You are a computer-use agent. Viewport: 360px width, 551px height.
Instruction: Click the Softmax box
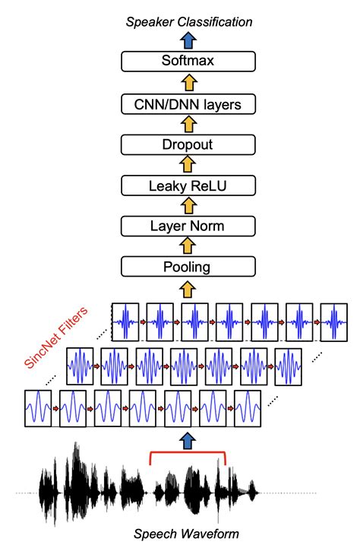click(x=187, y=62)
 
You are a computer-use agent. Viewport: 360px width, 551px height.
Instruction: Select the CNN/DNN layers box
click(x=187, y=103)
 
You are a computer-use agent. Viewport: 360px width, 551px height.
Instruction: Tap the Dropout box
click(x=187, y=144)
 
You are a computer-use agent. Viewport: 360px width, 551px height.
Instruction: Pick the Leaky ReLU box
click(x=187, y=185)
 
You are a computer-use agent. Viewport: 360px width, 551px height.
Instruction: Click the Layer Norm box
click(x=187, y=226)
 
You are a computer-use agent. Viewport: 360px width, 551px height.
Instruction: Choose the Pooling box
click(x=187, y=267)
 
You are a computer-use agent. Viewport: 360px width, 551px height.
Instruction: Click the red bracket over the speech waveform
click(x=187, y=454)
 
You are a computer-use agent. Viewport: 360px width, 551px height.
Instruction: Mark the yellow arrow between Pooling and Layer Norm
click(x=187, y=246)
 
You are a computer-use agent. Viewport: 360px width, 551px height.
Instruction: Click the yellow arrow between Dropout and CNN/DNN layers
click(x=187, y=123)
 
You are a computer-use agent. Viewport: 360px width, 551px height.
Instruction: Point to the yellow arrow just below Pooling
click(x=187, y=288)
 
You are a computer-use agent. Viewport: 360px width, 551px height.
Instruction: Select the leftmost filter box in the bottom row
click(x=38, y=410)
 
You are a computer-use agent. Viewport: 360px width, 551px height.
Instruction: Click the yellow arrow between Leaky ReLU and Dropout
click(x=187, y=164)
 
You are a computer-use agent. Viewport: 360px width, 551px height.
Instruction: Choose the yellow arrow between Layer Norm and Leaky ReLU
click(x=187, y=205)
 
